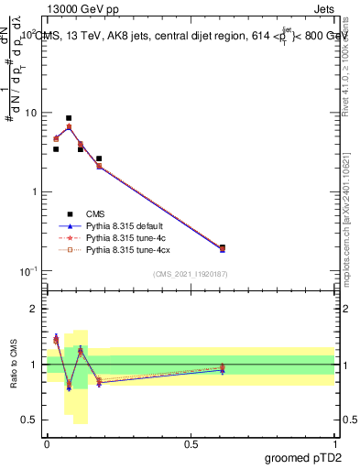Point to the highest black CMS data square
pyautogui.click(x=69, y=118)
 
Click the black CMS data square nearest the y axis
pyautogui.click(x=56, y=148)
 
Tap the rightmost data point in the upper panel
pyautogui.click(x=223, y=247)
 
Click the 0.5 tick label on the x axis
pyautogui.click(x=191, y=442)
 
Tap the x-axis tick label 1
pyautogui.click(x=335, y=442)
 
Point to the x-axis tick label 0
pyautogui.click(x=47, y=442)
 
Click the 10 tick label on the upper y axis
pyautogui.click(x=31, y=113)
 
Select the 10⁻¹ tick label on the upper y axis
pyautogui.click(x=29, y=270)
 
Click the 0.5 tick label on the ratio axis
pyautogui.click(x=31, y=420)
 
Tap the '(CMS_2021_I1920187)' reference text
pyautogui.click(x=191, y=274)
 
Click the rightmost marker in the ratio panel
pyautogui.click(x=223, y=369)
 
